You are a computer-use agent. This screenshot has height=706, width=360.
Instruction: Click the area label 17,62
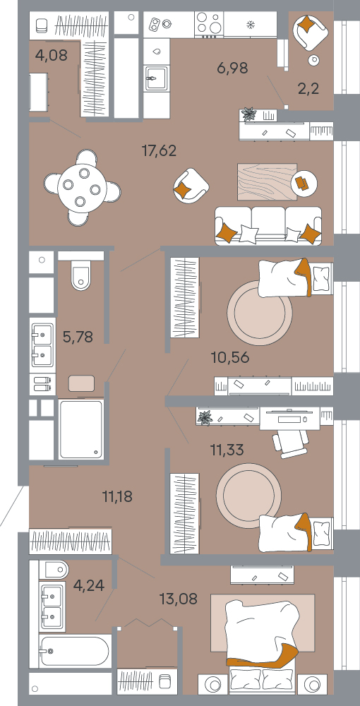pos(159,151)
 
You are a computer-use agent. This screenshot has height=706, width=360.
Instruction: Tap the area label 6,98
pos(232,68)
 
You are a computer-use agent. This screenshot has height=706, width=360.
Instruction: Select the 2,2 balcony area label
pos(308,89)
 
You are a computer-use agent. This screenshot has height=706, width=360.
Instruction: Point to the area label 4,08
pos(52,55)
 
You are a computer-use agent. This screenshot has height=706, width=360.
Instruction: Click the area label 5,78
pos(78,337)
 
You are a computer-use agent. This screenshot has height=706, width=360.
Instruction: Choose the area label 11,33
pos(227,449)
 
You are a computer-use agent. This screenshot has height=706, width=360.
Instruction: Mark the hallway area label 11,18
pos(117,497)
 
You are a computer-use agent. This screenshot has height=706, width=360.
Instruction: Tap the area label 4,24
pos(88,585)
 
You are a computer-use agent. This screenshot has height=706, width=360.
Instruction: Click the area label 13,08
pos(178,599)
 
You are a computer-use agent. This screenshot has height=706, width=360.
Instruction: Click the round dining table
pos(82,187)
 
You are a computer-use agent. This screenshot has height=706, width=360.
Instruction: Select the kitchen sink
pos(157,79)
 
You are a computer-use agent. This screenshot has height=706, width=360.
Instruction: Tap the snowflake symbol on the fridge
pos(250,23)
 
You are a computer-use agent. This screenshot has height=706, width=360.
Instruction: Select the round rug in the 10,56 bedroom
pos(260,313)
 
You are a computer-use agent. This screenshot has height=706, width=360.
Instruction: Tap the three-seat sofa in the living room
pos(269,226)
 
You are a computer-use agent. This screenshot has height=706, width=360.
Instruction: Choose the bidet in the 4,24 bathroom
pos(54,570)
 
